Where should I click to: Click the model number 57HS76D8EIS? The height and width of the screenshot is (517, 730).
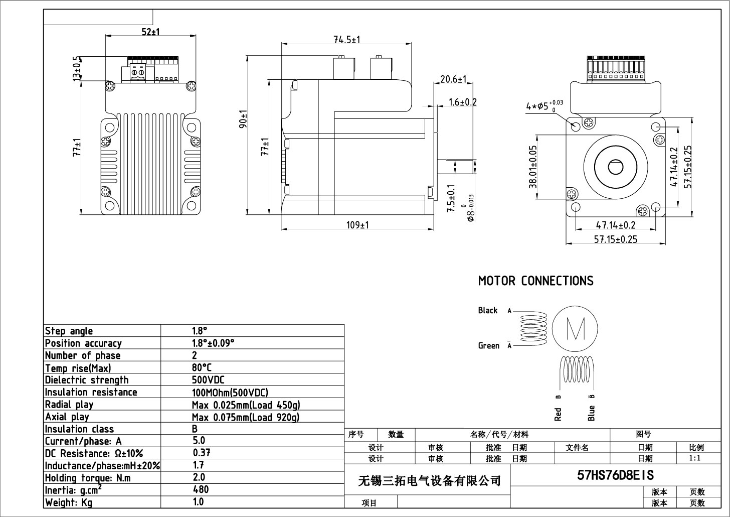(616, 475)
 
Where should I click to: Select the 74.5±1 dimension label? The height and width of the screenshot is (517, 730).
(347, 40)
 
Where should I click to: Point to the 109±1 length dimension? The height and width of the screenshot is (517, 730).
(357, 225)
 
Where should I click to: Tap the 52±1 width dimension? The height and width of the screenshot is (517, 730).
(150, 32)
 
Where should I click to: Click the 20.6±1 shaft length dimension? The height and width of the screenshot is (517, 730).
(454, 79)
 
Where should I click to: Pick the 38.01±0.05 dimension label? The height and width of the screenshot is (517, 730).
(532, 167)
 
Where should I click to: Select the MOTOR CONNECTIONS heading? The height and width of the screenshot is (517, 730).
(535, 281)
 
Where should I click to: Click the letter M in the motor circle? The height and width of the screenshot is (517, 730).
(575, 329)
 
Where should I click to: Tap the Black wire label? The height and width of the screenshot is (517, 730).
(487, 310)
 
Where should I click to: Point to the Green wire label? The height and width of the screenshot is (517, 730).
(488, 345)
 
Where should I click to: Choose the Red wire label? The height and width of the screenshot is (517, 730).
(558, 413)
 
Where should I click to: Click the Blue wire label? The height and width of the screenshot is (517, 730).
(592, 413)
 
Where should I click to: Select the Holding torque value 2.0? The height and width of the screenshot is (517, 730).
(199, 477)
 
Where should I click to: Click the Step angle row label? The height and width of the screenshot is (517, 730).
(69, 331)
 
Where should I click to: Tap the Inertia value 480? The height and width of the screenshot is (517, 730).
(201, 489)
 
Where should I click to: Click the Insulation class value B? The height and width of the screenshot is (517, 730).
(195, 429)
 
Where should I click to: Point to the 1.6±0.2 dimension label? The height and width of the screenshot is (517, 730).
(462, 102)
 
